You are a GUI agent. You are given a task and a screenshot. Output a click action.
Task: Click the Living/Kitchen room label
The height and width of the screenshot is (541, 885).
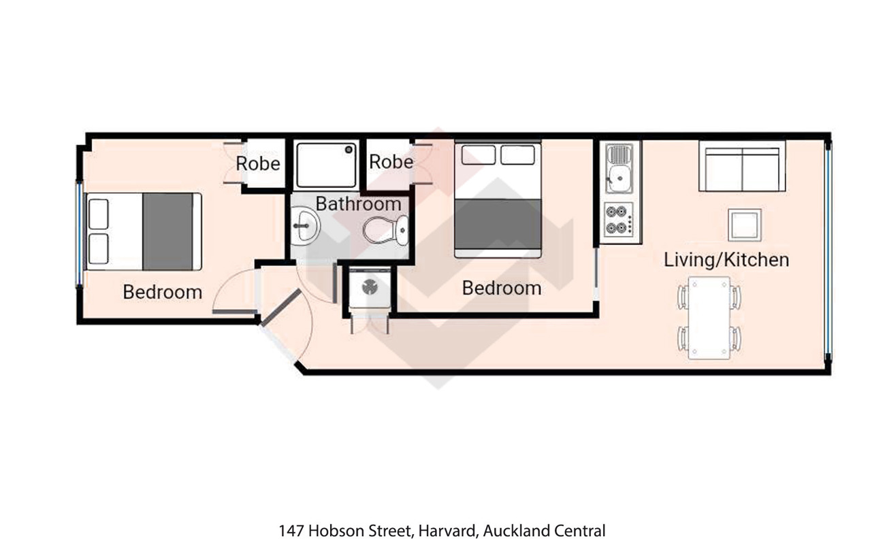(726, 260)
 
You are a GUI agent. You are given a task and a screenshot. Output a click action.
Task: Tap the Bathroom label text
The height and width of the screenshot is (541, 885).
(358, 203)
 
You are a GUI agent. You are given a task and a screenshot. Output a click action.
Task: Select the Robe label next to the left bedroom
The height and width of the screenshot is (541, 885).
(258, 163)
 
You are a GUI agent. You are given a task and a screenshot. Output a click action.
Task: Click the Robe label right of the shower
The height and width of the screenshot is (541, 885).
(391, 162)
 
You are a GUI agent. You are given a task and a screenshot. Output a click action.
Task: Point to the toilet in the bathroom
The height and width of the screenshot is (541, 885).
(385, 230)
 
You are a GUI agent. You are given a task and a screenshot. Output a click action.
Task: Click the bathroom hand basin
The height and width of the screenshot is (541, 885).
(305, 225)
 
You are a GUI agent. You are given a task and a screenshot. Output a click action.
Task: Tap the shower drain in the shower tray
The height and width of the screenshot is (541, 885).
(349, 150)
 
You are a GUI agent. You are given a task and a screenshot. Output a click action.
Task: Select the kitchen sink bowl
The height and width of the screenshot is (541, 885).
(619, 179)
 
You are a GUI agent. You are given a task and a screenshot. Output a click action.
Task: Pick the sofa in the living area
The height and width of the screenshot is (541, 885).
(742, 166)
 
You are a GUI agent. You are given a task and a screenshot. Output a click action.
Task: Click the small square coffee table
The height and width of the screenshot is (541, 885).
(745, 225)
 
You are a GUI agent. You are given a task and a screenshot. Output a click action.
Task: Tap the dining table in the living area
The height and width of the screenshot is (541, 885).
(709, 318)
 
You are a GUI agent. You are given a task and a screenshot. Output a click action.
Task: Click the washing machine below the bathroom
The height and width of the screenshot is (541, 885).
(370, 288)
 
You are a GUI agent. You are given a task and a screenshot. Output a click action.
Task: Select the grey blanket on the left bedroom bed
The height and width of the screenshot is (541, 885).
(167, 231)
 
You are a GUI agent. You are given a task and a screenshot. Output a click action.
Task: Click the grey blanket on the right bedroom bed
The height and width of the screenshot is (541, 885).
(498, 223)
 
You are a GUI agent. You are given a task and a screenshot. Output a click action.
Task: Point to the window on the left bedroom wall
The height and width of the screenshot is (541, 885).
(80, 233)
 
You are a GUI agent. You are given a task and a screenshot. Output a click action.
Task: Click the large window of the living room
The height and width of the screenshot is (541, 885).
(828, 249)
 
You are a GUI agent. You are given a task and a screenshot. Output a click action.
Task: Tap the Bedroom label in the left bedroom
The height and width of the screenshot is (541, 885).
(163, 292)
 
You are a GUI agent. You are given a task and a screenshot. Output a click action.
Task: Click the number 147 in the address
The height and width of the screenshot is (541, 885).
(291, 531)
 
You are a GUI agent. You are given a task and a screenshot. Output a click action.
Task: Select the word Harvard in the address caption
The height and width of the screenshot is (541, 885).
(449, 531)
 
